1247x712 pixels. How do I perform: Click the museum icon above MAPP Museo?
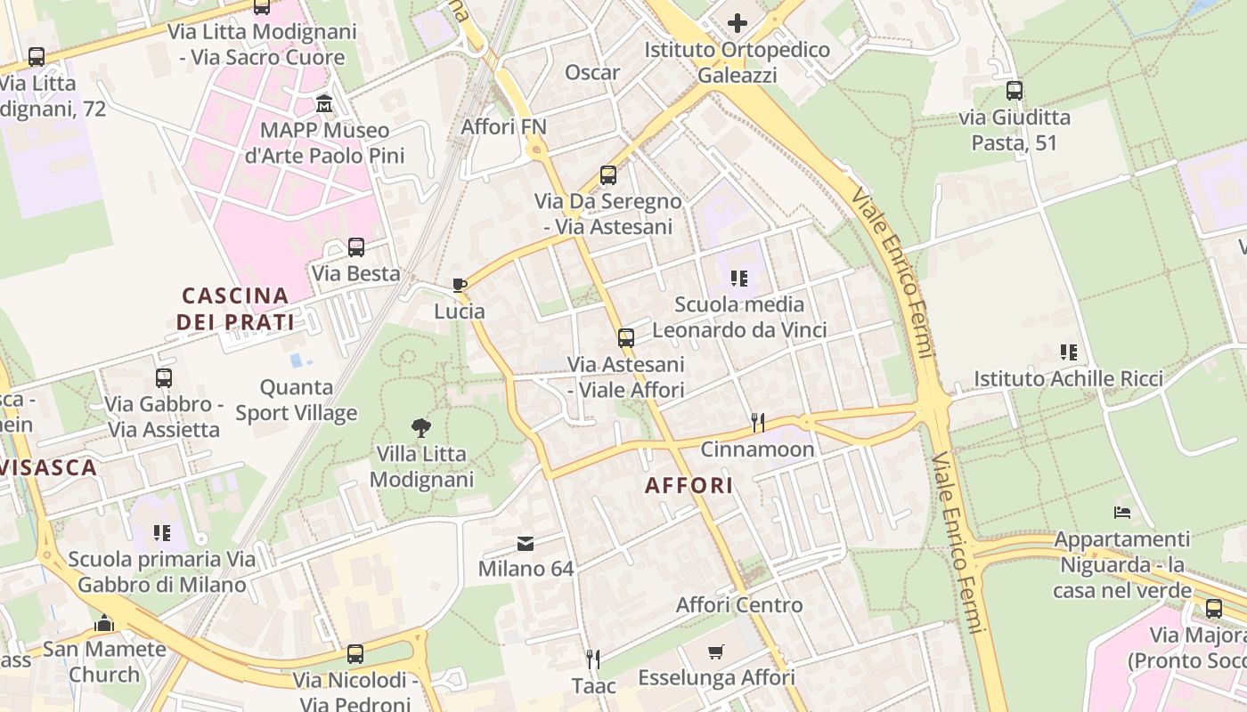(x=325, y=104)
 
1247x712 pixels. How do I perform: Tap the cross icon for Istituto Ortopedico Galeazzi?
(x=738, y=23)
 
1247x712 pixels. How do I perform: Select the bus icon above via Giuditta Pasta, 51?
(x=1014, y=90)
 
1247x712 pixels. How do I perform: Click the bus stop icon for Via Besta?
(x=355, y=247)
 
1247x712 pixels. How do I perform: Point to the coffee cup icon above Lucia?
(x=460, y=285)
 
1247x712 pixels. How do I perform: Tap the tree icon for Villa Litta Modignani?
(x=420, y=428)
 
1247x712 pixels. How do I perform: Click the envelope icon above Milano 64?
(x=526, y=543)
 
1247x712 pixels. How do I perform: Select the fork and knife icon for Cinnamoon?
(x=757, y=422)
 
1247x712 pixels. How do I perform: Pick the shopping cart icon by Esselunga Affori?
(x=716, y=652)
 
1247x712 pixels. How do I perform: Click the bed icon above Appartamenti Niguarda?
(x=1121, y=513)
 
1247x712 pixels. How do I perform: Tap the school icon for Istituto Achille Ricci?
(x=1068, y=352)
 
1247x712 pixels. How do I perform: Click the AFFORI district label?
(x=689, y=485)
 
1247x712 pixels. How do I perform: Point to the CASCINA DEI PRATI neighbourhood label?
(x=235, y=308)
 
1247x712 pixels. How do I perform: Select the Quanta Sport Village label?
(x=297, y=400)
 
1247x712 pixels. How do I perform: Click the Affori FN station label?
(x=503, y=127)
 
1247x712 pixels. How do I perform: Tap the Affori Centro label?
(x=738, y=605)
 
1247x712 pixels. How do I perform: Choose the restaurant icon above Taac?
(x=593, y=659)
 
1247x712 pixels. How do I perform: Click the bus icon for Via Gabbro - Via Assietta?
(x=163, y=377)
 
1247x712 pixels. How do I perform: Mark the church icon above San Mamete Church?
(x=104, y=623)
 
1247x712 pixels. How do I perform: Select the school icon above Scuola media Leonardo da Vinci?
(x=738, y=279)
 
